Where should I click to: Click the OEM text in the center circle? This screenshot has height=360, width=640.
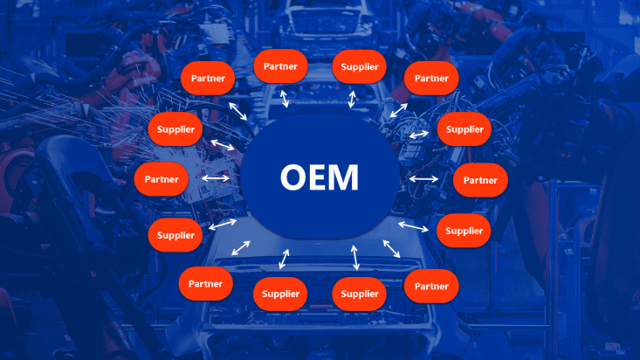click(320, 177)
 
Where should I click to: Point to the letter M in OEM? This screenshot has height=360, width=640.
click(343, 177)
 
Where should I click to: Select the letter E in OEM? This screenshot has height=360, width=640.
click(319, 177)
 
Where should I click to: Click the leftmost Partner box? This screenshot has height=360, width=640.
click(162, 179)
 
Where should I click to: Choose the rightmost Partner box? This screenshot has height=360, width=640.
click(480, 180)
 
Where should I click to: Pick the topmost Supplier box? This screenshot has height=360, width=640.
click(360, 66)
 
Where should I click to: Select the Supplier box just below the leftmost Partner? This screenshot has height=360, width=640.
click(176, 235)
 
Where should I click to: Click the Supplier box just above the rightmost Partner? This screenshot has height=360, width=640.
click(464, 129)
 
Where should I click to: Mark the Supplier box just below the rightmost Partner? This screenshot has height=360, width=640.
click(464, 231)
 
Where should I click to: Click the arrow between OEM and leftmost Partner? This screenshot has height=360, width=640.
click(215, 179)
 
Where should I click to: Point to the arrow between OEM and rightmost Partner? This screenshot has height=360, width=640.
click(424, 179)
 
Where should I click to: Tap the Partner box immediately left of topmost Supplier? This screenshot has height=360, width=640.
click(280, 66)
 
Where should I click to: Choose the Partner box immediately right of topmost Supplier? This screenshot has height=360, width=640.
click(431, 79)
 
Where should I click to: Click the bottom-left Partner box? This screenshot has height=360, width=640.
click(205, 283)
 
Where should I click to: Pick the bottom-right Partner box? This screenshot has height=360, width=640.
click(431, 286)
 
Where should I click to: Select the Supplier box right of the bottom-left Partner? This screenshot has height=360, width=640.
click(280, 294)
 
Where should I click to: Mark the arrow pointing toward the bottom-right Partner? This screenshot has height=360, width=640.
click(391, 248)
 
